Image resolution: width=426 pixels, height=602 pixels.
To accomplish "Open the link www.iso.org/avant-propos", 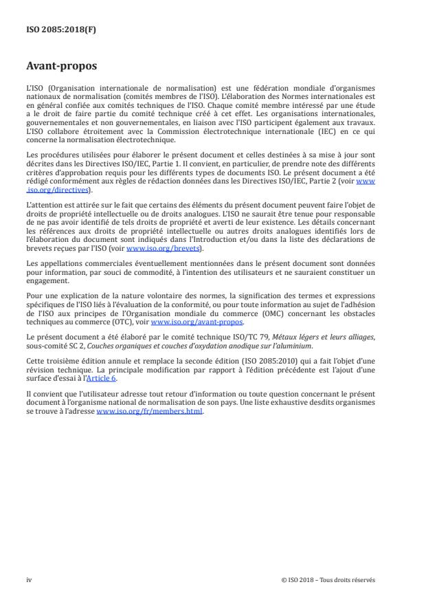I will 197,322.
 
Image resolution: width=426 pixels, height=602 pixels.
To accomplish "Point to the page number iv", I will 29,579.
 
